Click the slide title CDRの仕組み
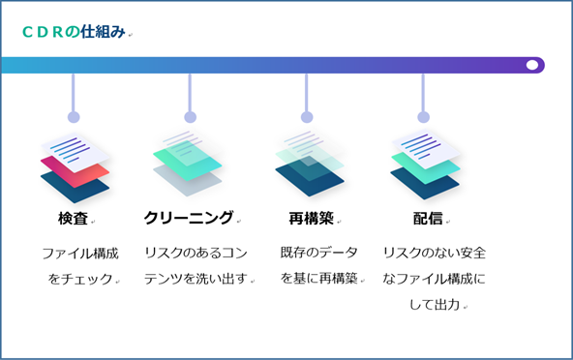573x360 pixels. (74, 32)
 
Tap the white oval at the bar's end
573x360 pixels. (531, 65)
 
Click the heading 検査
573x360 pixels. (74, 218)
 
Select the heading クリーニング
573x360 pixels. (189, 218)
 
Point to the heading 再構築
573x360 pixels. (311, 218)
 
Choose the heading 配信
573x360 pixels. (428, 218)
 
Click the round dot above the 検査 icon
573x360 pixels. (74, 117)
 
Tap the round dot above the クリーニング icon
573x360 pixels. (190, 117)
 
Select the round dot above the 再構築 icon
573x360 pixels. (307, 117)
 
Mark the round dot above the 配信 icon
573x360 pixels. (423, 117)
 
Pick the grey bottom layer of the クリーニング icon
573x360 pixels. (188, 181)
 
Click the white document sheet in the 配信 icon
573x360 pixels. (426, 148)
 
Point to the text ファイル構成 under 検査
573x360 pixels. (80, 254)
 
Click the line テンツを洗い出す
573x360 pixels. (196, 279)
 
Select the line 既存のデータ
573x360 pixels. (318, 253)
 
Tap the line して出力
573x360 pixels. (435, 305)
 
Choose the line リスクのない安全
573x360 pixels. (435, 253)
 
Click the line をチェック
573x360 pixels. (80, 279)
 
